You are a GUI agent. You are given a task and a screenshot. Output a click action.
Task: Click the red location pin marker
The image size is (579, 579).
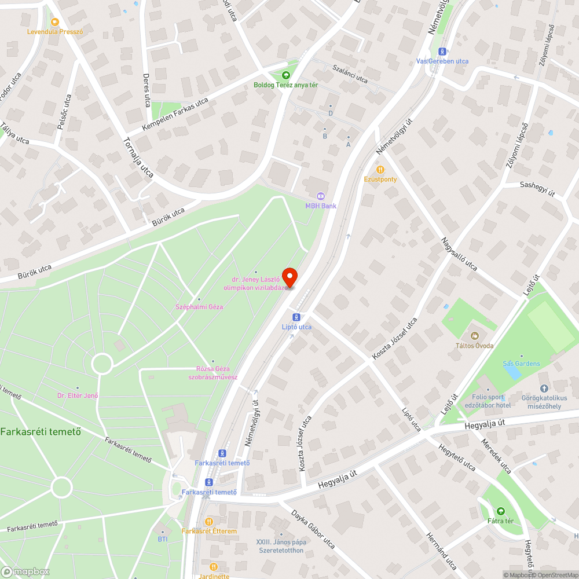pos(289,277)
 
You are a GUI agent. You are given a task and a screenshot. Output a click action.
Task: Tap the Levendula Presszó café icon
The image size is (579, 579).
pos(54,22)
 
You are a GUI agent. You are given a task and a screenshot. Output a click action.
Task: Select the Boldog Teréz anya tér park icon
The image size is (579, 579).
pos(285,75)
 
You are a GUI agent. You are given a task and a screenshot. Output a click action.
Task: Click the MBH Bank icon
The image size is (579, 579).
pos(320,196)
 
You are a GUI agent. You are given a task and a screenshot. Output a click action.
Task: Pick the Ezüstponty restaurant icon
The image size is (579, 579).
pos(380,170)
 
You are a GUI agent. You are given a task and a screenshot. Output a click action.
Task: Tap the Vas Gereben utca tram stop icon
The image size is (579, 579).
pos(443,52)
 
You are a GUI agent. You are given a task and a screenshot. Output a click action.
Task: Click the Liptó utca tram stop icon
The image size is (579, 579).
pos(296,317)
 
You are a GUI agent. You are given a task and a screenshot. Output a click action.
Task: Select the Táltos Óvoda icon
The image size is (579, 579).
pos(474,336)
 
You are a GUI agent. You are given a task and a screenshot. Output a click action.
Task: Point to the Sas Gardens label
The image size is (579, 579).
pos(521,364)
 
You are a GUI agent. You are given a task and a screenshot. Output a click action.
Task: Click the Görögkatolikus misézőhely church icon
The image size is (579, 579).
pos(543,389)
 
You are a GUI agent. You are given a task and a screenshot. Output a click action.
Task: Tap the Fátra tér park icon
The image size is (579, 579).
pos(500,511)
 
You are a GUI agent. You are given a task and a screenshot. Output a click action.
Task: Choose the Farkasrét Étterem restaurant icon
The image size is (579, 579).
pos(209,522)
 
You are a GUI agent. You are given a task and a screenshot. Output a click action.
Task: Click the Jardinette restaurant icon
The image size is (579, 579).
pos(214,567)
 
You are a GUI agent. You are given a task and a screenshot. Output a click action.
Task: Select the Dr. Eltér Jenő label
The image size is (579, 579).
pos(78,395)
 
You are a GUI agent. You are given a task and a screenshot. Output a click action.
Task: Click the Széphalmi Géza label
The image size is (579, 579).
pos(200,306)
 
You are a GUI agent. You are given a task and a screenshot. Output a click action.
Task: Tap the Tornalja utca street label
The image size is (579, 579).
pos(138,157)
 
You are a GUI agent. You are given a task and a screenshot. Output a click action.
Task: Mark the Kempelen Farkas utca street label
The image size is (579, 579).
pos(175,113)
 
